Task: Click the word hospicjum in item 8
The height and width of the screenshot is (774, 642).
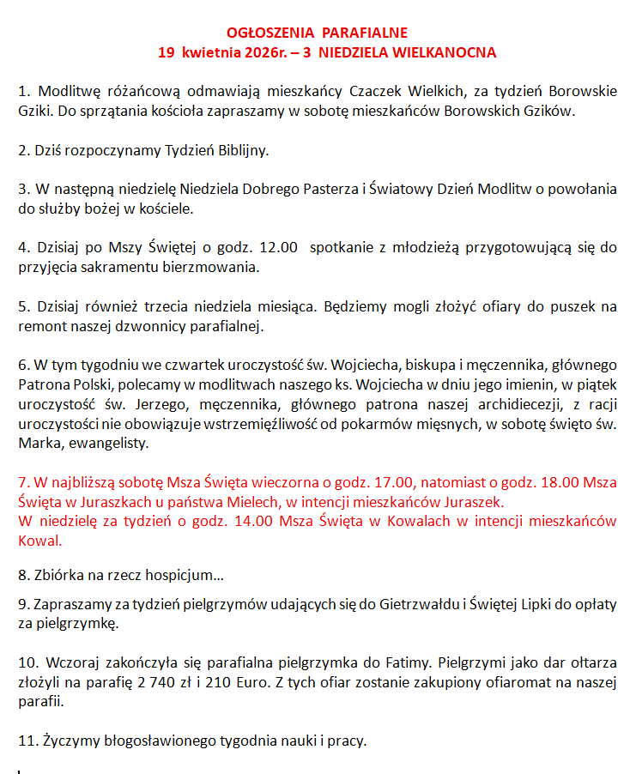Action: pos(179,573)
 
